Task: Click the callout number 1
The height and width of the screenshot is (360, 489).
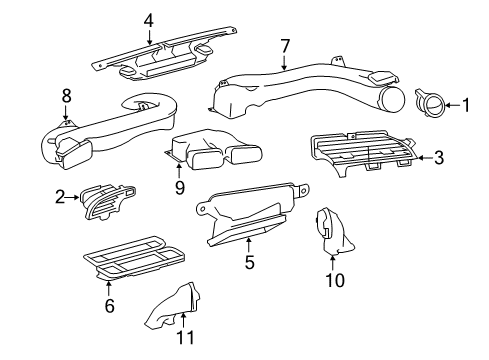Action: click(466, 105)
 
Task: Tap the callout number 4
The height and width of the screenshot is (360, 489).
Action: click(149, 21)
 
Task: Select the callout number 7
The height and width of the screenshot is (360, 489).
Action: click(285, 46)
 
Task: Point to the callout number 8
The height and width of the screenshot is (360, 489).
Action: click(67, 96)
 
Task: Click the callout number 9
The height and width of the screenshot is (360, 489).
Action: click(180, 188)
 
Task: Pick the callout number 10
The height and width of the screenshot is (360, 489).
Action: click(335, 280)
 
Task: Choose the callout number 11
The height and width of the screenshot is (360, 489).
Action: click(185, 337)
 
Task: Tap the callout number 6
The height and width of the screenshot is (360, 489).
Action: click(110, 306)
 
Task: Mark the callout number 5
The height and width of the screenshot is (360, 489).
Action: click(249, 262)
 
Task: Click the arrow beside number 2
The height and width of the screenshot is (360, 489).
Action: click(72, 197)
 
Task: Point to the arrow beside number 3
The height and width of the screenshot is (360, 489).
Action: click(426, 158)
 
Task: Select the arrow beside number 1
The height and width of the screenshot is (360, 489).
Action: click(453, 105)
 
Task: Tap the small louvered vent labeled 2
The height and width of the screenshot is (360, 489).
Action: click(107, 201)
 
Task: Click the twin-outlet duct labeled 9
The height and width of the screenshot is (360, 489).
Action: click(213, 148)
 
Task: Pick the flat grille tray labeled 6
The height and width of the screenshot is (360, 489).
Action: click(133, 258)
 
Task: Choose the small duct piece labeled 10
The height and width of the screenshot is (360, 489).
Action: click(333, 232)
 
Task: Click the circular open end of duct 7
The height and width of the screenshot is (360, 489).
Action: click(392, 99)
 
